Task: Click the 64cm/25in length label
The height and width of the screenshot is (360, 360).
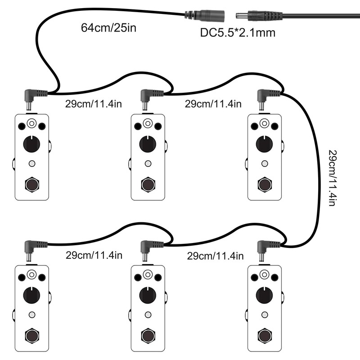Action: coord(108,27)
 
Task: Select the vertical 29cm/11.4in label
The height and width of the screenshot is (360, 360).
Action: coord(332,178)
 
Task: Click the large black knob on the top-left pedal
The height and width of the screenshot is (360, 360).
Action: coord(31,144)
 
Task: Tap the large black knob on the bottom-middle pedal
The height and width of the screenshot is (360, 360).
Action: coord(148,295)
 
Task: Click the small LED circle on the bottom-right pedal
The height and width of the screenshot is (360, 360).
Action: coord(264,315)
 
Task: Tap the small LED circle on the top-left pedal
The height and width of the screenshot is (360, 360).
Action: coord(31,163)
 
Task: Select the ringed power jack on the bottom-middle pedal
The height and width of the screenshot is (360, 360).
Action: coord(148,274)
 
